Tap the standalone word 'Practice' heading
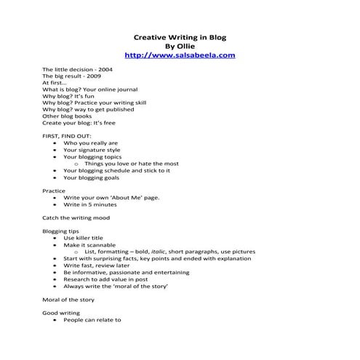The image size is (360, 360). click(54, 191)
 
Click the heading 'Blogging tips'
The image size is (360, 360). click(61, 231)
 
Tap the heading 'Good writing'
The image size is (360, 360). click(60, 313)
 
